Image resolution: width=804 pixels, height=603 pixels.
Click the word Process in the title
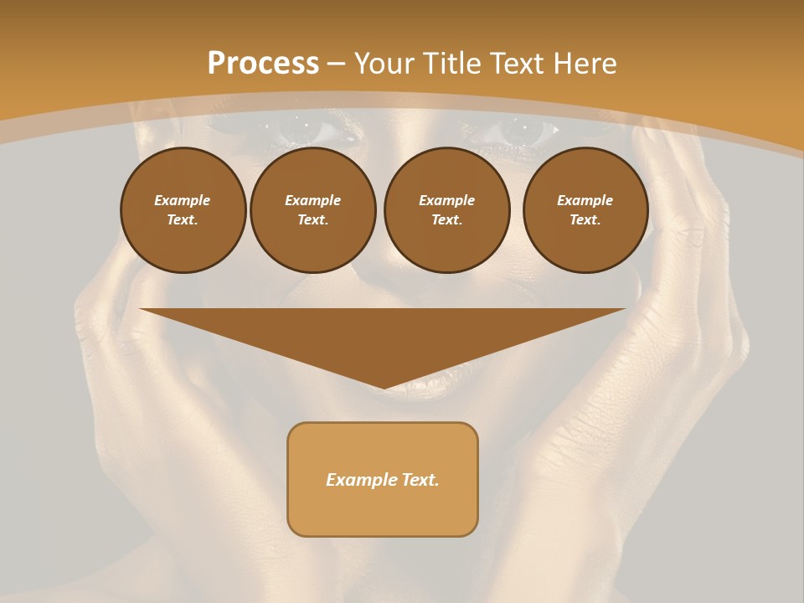point(263,63)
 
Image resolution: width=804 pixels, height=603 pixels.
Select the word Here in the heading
point(585,63)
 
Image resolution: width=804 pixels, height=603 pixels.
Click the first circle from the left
point(183,210)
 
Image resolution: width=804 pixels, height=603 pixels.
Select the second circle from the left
point(312,210)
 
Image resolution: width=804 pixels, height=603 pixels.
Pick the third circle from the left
point(446,210)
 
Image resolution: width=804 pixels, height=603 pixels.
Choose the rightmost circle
point(585,210)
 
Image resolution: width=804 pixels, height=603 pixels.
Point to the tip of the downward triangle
point(383,388)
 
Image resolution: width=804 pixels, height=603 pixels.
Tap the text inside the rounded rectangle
point(383,480)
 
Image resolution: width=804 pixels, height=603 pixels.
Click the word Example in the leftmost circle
point(183,200)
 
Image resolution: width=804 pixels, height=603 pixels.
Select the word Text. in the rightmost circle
point(585,220)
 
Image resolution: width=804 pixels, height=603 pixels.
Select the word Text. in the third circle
point(446,220)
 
